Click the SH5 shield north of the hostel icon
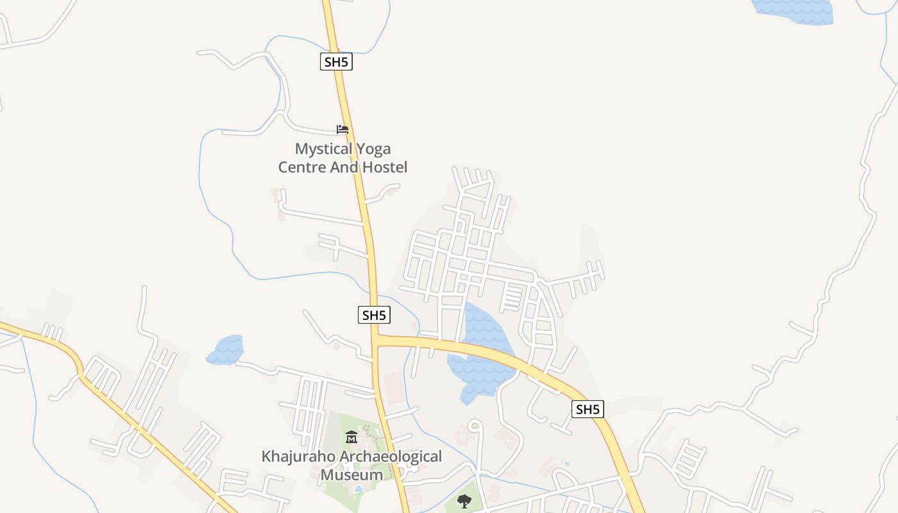pos(337,62)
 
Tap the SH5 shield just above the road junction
pos(374,315)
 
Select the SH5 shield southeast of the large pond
pos(588,409)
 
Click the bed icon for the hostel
pos(343,130)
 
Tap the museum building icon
pos(351,437)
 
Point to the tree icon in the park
pos(464,501)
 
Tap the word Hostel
pos(384,167)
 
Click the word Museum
pos(352,475)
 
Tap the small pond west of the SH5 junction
pos(226,349)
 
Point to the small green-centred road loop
pos(474,425)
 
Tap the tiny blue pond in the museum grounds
pos(357,489)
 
